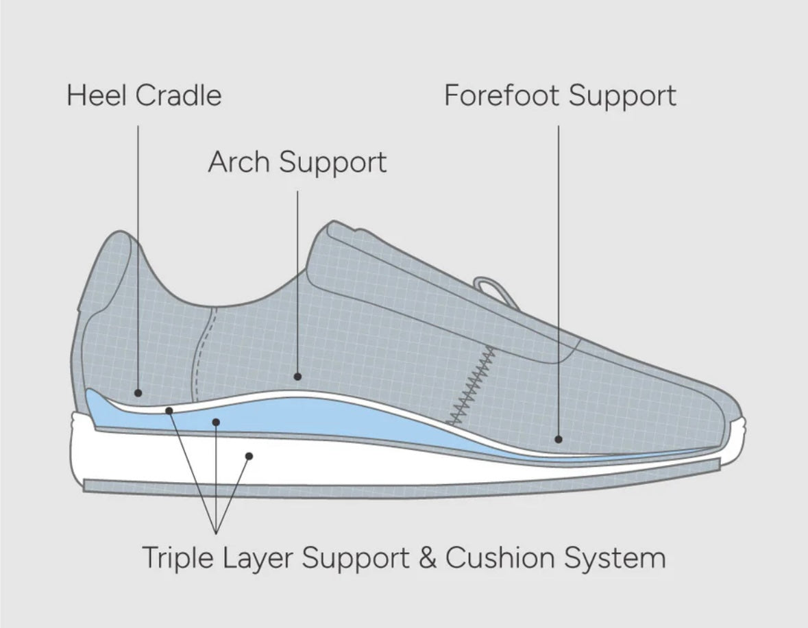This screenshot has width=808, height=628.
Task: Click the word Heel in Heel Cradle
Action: pos(96,96)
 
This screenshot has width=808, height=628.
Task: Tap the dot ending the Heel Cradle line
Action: pos(138,393)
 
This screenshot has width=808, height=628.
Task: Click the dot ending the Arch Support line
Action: pos(297,376)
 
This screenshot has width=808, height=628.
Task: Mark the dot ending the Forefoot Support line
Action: pos(559,439)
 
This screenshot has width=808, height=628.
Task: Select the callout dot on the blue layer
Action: pos(216,423)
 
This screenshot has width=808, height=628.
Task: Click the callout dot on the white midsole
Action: pos(249,455)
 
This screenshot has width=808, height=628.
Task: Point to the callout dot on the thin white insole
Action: pos(169,410)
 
